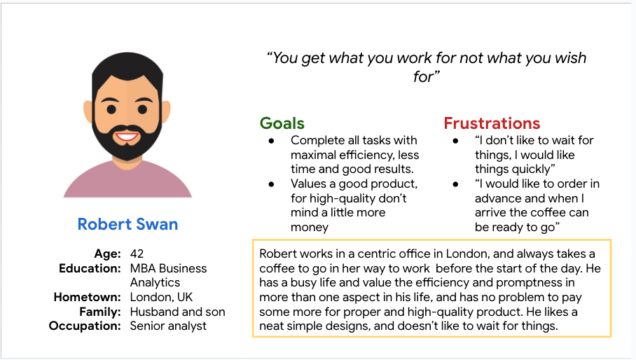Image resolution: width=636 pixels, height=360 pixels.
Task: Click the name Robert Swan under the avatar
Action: [127, 224]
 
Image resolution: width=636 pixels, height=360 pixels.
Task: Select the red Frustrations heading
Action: [492, 123]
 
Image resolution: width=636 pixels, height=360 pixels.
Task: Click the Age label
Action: [108, 254]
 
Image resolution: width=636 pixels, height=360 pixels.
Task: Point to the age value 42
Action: [137, 254]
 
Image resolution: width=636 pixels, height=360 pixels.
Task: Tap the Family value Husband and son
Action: [178, 312]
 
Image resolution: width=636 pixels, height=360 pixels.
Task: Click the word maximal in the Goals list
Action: [314, 155]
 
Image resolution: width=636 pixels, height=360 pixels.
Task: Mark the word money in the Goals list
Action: [310, 227]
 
